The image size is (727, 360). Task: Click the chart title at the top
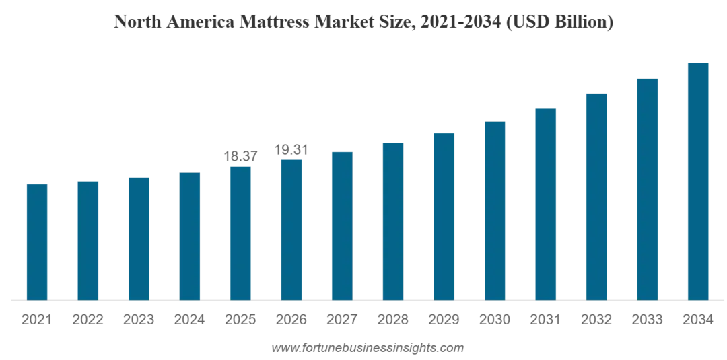click(363, 24)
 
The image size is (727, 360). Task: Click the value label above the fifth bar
click(240, 155)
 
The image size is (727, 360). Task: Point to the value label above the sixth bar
click(291, 145)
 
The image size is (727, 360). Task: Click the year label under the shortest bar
click(35, 320)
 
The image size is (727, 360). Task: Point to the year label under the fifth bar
click(240, 320)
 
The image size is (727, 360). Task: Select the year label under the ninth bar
click(444, 320)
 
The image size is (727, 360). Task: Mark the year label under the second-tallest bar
click(648, 320)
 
